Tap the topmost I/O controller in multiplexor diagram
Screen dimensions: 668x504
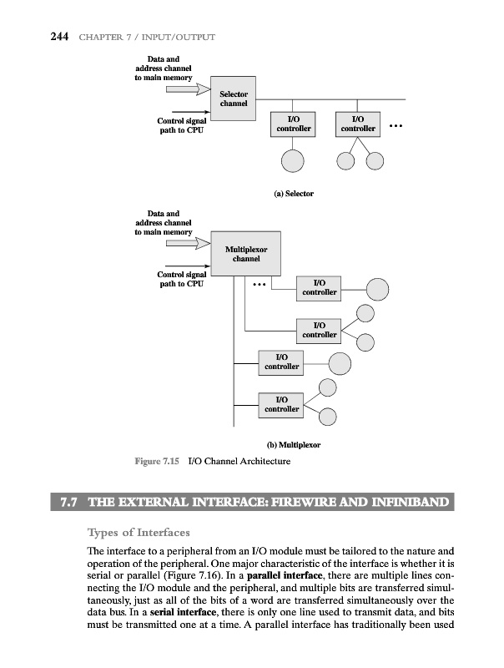[x=320, y=288]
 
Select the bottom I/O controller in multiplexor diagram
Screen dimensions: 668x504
[x=281, y=404]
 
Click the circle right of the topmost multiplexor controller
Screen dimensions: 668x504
[x=378, y=288]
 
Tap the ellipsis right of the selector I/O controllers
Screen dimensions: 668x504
[x=396, y=128]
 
